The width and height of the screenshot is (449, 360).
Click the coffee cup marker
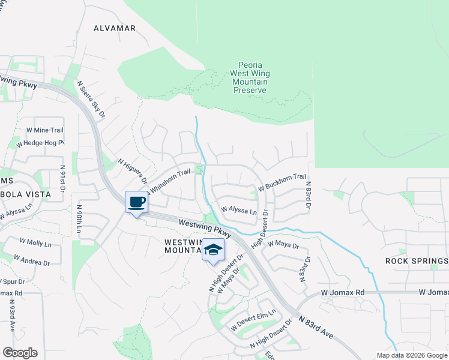click(x=137, y=202)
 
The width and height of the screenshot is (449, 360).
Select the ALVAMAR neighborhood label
click(x=115, y=28)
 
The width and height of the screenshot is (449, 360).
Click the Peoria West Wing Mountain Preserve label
click(x=250, y=77)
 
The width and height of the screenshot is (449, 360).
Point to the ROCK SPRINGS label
click(x=417, y=261)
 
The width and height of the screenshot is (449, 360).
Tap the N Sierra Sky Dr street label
click(x=92, y=99)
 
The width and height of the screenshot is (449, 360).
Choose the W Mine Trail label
click(x=44, y=130)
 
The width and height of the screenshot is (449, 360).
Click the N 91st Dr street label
click(x=62, y=182)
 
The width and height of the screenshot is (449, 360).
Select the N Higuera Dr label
click(x=133, y=172)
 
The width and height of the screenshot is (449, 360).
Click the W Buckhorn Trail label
click(x=283, y=182)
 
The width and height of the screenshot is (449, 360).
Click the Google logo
click(x=20, y=353)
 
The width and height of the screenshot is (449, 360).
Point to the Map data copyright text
click(x=411, y=355)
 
